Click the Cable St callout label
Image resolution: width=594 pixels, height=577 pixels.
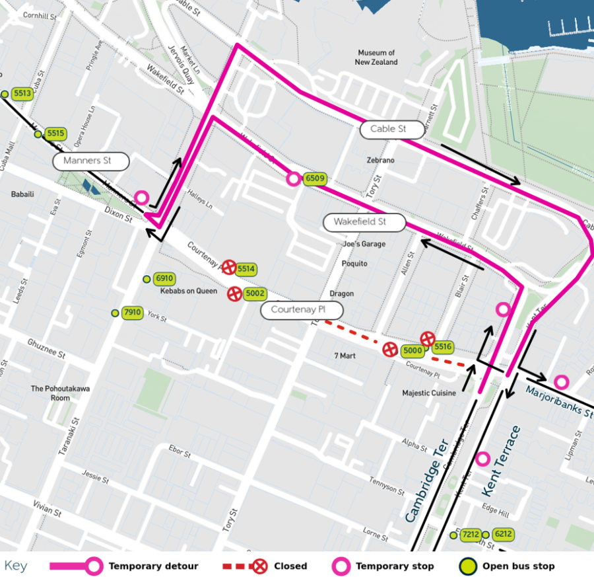click(x=392, y=129)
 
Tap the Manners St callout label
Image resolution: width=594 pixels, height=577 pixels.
click(x=90, y=161)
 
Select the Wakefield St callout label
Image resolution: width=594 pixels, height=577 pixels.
click(x=364, y=222)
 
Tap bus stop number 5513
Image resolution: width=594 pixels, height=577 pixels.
click(x=22, y=94)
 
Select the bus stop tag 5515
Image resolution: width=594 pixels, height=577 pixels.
click(x=55, y=134)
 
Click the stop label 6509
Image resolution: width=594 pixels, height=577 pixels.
click(x=315, y=178)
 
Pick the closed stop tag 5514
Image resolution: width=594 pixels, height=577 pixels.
click(x=246, y=269)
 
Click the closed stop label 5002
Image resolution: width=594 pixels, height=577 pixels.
click(x=255, y=293)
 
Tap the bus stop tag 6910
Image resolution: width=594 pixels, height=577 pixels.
click(x=164, y=279)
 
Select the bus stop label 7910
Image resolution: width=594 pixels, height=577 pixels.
click(x=133, y=313)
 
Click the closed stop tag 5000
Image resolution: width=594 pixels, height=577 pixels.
click(x=412, y=351)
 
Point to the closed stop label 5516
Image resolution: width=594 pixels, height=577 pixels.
click(x=444, y=346)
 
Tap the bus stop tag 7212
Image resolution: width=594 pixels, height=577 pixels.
click(x=471, y=534)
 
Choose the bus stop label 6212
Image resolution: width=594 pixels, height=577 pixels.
click(x=503, y=534)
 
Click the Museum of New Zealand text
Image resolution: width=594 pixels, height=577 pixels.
click(x=376, y=58)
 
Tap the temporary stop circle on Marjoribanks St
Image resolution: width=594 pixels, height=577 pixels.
click(x=561, y=381)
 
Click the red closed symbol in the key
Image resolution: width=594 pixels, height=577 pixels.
click(x=261, y=566)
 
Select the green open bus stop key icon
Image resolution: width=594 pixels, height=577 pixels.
click(x=467, y=566)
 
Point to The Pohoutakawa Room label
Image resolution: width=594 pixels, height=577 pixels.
click(x=50, y=393)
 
